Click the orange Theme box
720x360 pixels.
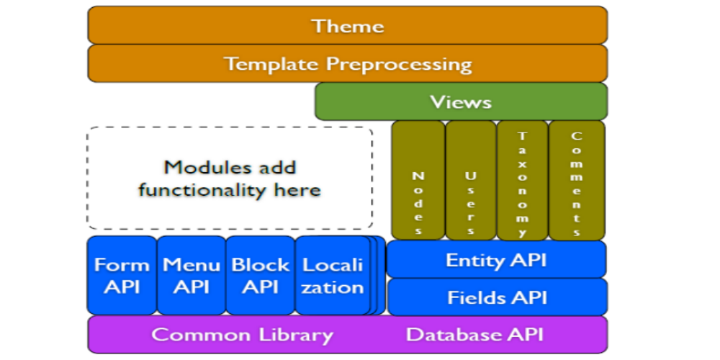[348, 25]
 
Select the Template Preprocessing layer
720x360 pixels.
[348, 63]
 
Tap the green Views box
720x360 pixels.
[461, 102]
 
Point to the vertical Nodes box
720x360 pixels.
[418, 180]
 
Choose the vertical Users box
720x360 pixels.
[471, 180]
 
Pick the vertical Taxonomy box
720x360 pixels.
[523, 180]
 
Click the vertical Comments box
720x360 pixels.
[577, 180]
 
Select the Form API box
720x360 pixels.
[122, 276]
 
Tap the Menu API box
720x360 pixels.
[191, 276]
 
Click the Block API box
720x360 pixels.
[261, 276]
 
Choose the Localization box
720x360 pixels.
[333, 276]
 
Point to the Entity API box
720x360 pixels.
[496, 259]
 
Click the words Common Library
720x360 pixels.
[242, 335]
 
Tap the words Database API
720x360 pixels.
[474, 334]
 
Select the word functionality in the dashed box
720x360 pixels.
[199, 189]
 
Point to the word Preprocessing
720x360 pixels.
[399, 64]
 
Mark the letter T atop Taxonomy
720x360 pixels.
[522, 136]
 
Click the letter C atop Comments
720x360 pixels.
[576, 136]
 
